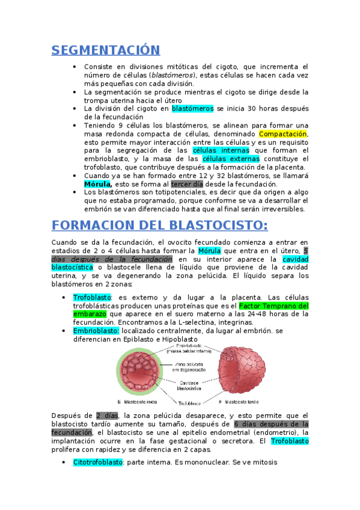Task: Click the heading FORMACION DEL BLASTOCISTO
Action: click(x=159, y=225)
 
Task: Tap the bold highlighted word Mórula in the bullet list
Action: click(x=97, y=184)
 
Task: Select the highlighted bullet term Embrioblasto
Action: click(x=96, y=331)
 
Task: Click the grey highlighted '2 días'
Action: click(x=107, y=416)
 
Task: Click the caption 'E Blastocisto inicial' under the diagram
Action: click(x=138, y=401)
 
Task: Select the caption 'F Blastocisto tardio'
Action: click(x=239, y=401)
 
